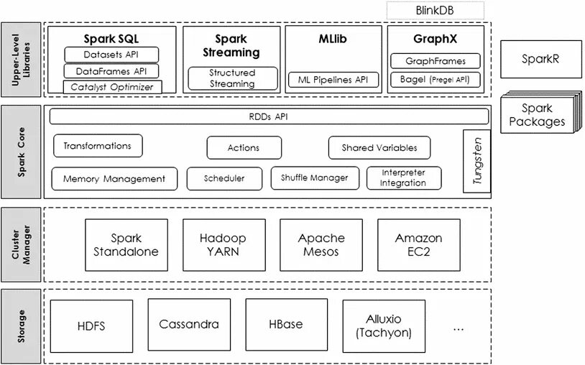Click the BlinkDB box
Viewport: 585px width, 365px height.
click(x=435, y=11)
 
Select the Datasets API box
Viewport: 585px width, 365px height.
click(x=111, y=55)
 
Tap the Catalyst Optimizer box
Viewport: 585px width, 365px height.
click(x=112, y=87)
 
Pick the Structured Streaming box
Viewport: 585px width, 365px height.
click(x=232, y=78)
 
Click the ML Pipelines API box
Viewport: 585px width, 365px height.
click(x=333, y=80)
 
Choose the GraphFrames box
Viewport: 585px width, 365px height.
click(x=436, y=61)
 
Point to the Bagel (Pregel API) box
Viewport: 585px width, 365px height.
click(x=435, y=80)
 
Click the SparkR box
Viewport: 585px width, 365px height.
click(x=540, y=59)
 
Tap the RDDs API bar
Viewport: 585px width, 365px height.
click(x=269, y=116)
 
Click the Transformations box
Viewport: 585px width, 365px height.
click(x=98, y=145)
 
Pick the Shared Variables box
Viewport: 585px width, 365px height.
click(x=379, y=147)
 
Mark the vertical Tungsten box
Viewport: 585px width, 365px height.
click(x=476, y=161)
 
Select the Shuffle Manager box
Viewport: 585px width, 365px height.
click(x=315, y=178)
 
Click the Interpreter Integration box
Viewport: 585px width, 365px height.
click(x=404, y=178)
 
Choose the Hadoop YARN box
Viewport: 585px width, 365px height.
click(x=224, y=244)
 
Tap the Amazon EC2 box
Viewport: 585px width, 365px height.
click(x=418, y=244)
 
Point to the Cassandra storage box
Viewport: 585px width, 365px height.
click(x=189, y=324)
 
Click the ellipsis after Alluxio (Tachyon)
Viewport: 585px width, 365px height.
click(x=459, y=330)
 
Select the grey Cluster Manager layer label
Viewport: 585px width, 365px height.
click(x=21, y=244)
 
